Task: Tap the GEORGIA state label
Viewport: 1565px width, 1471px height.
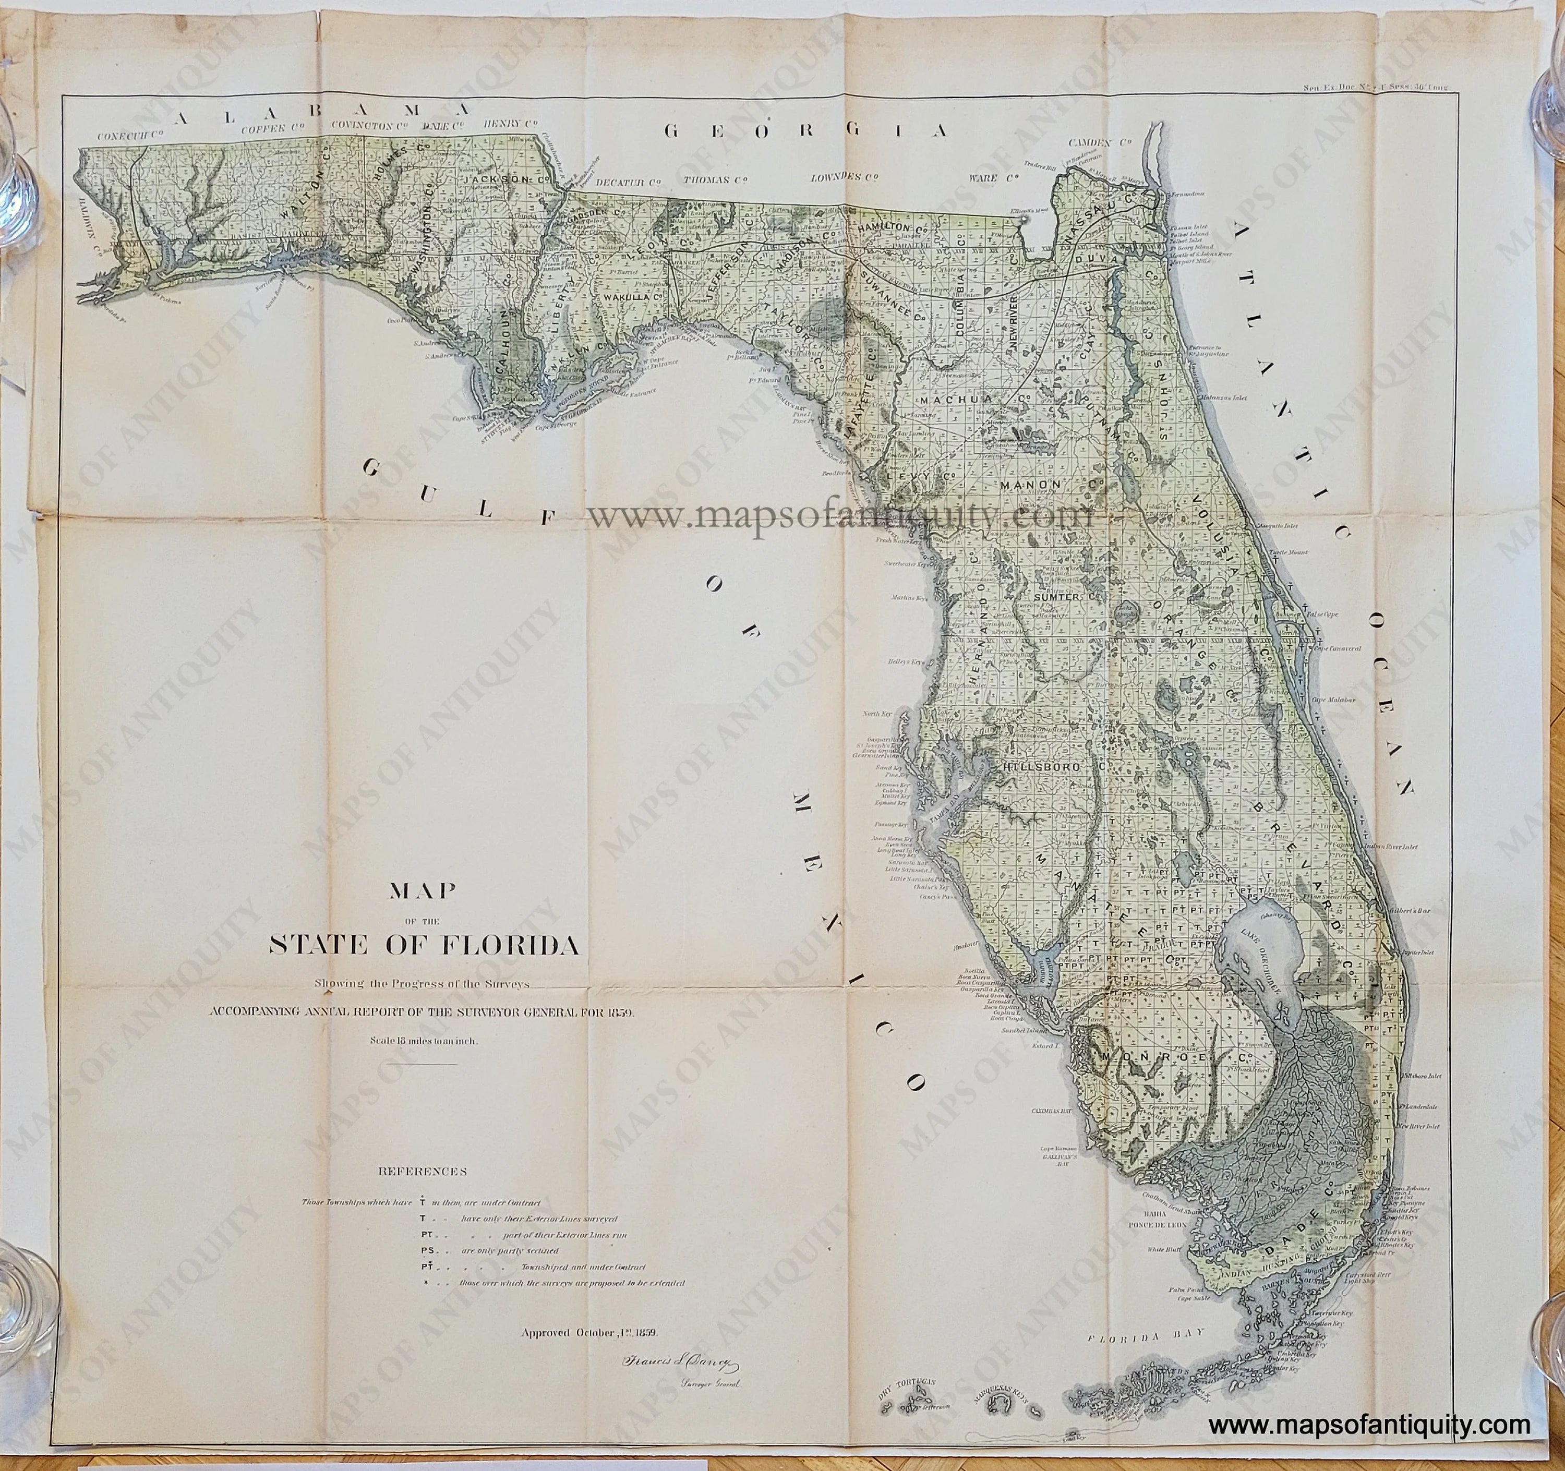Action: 807,130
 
